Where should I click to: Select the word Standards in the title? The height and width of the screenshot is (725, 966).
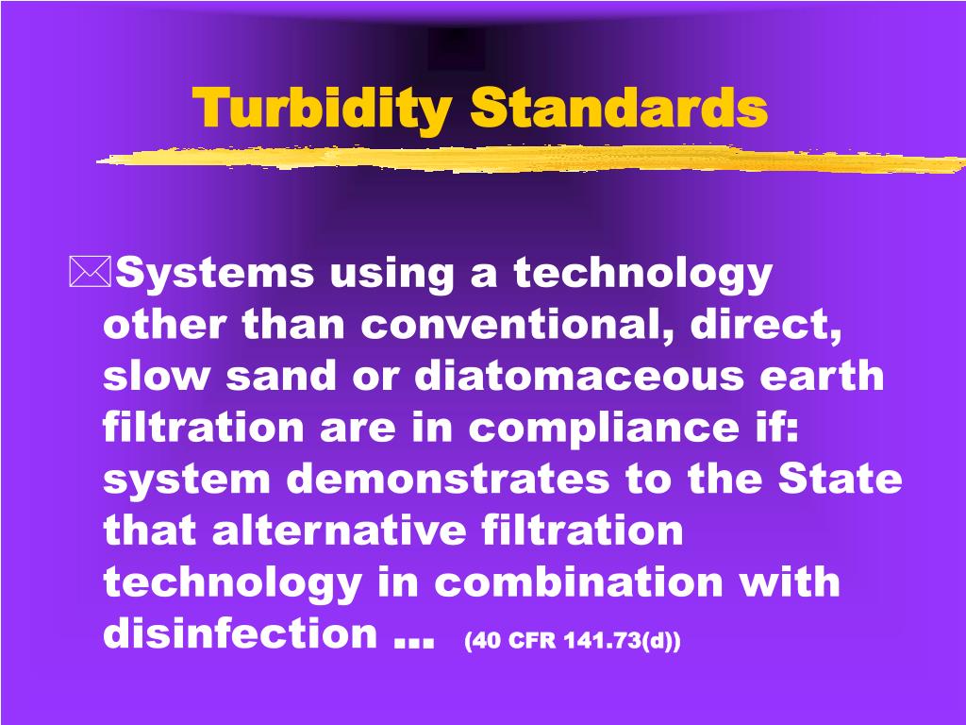620,108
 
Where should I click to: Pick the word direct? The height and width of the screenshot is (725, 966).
765,326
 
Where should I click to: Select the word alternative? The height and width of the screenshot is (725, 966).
339,531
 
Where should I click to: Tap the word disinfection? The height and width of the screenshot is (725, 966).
241,634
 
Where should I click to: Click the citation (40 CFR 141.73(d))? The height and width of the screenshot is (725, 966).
573,641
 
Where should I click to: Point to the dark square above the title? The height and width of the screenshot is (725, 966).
457,48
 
